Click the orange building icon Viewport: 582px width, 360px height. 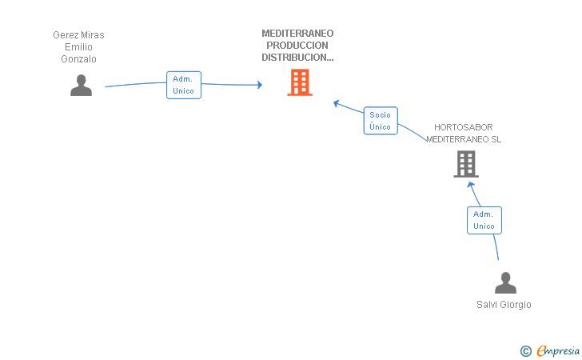(x=300, y=82)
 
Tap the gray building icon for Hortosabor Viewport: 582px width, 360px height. (x=465, y=164)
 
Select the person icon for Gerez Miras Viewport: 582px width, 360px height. (x=81, y=85)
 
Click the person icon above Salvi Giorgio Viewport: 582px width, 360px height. (x=505, y=283)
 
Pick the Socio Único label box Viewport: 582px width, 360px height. (x=381, y=121)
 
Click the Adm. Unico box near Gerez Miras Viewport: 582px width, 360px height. (x=184, y=85)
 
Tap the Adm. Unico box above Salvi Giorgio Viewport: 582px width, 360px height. (x=484, y=220)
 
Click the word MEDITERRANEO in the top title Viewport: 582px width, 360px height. (x=297, y=34)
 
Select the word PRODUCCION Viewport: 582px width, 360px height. (x=297, y=46)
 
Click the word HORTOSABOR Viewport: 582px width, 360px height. (x=464, y=127)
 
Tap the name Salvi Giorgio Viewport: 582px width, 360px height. (x=504, y=305)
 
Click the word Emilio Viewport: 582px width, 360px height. (x=78, y=47)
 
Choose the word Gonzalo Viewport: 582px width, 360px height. (x=78, y=59)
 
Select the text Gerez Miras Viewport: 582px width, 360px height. (x=78, y=35)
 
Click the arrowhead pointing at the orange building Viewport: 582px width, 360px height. (x=259, y=84)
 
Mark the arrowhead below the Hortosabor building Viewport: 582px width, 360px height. (x=472, y=184)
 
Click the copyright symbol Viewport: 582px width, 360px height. (x=525, y=350)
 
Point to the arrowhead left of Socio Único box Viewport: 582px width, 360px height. (x=337, y=102)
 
